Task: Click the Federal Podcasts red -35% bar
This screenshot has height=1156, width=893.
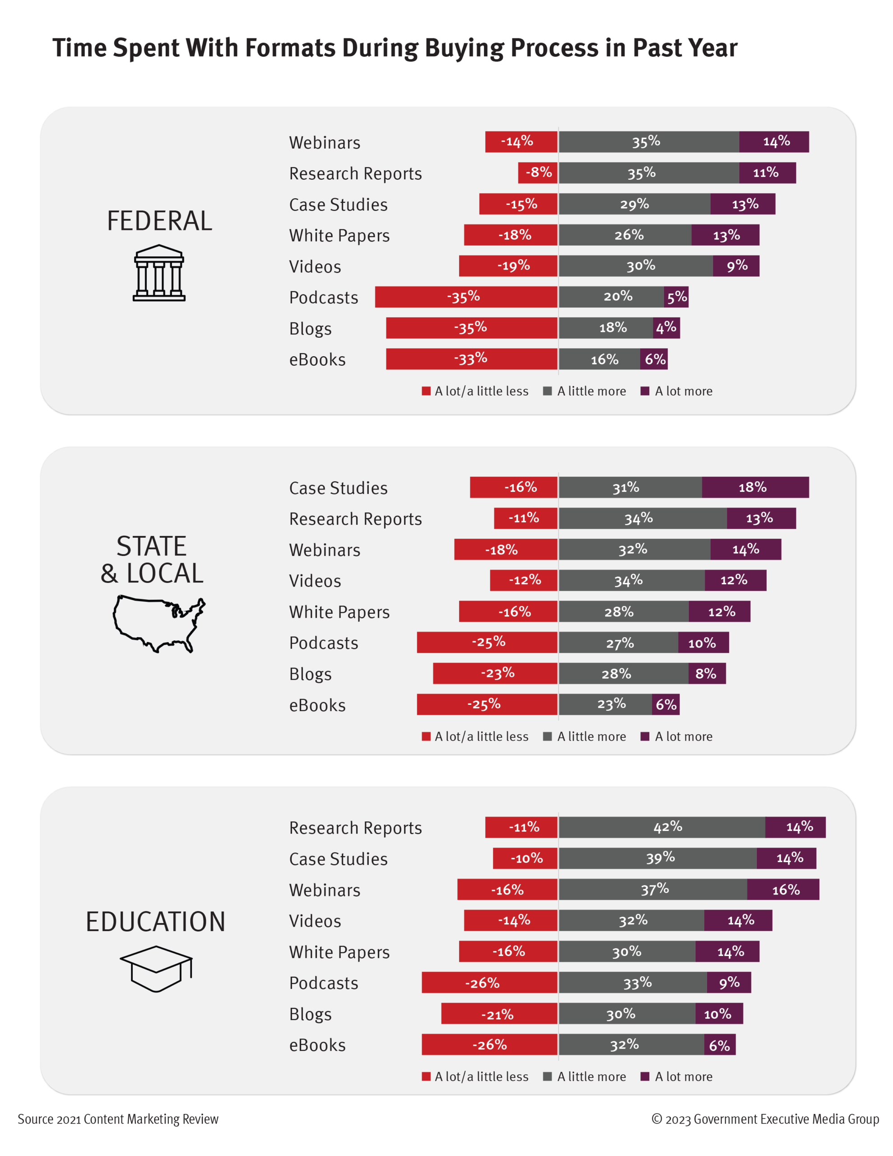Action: coord(466,297)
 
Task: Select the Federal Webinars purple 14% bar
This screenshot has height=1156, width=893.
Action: coord(773,142)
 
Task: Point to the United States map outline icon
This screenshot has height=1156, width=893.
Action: coord(159,624)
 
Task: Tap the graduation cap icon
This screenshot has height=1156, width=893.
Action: coord(156,968)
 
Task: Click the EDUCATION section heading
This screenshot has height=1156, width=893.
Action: coord(156,922)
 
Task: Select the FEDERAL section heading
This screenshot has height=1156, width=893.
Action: coord(159,221)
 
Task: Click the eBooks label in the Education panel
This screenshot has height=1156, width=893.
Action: coord(317,1045)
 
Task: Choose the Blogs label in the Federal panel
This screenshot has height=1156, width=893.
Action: coord(310,329)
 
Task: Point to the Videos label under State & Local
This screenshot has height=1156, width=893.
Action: coord(315,581)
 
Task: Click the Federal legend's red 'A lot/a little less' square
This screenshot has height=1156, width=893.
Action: coord(426,391)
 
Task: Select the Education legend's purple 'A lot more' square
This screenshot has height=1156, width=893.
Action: coord(645,1076)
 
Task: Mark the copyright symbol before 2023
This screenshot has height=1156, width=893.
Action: coord(656,1119)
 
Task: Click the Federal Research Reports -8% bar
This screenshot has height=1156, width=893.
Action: coord(538,173)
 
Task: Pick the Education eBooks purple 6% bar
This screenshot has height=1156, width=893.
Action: coord(719,1045)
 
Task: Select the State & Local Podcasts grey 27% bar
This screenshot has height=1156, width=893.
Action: coord(618,643)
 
